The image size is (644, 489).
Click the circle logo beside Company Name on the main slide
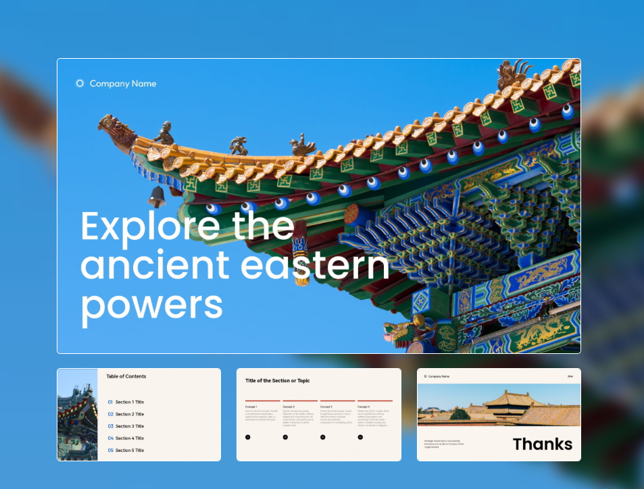point(80,84)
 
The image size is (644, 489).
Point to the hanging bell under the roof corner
point(157,197)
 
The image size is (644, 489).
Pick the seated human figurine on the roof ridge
point(164,133)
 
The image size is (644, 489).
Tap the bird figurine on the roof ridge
point(302,145)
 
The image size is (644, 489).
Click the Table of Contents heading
point(126,376)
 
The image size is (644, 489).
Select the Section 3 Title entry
point(129,426)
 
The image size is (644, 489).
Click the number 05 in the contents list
point(110,451)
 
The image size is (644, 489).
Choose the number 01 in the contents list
point(110,402)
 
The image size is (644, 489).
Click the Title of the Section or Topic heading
point(277,381)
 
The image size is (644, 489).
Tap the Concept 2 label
point(289,407)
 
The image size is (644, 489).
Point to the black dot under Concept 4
point(360,437)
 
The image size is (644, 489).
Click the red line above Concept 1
point(263,401)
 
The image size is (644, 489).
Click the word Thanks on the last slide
point(542,444)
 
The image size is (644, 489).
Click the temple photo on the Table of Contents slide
point(77,415)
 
